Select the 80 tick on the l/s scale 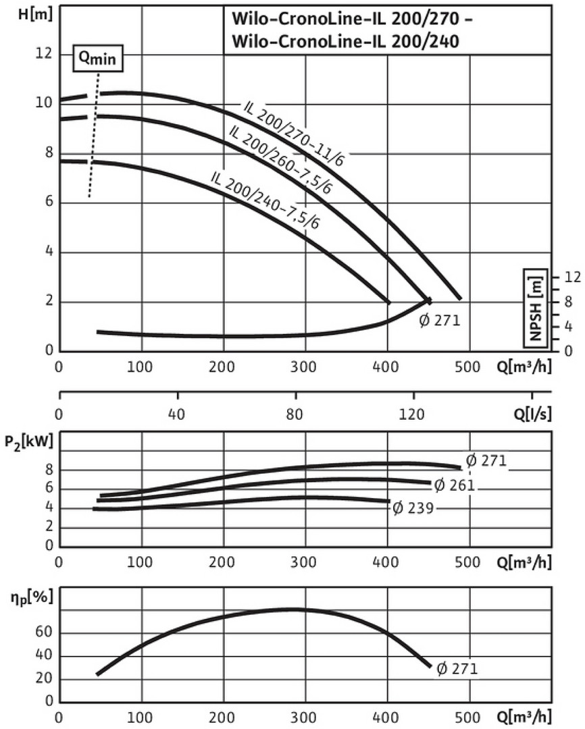click(x=295, y=414)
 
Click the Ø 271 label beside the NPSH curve click(x=439, y=321)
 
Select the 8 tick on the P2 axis click(x=49, y=470)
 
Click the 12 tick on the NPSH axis click(x=571, y=277)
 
